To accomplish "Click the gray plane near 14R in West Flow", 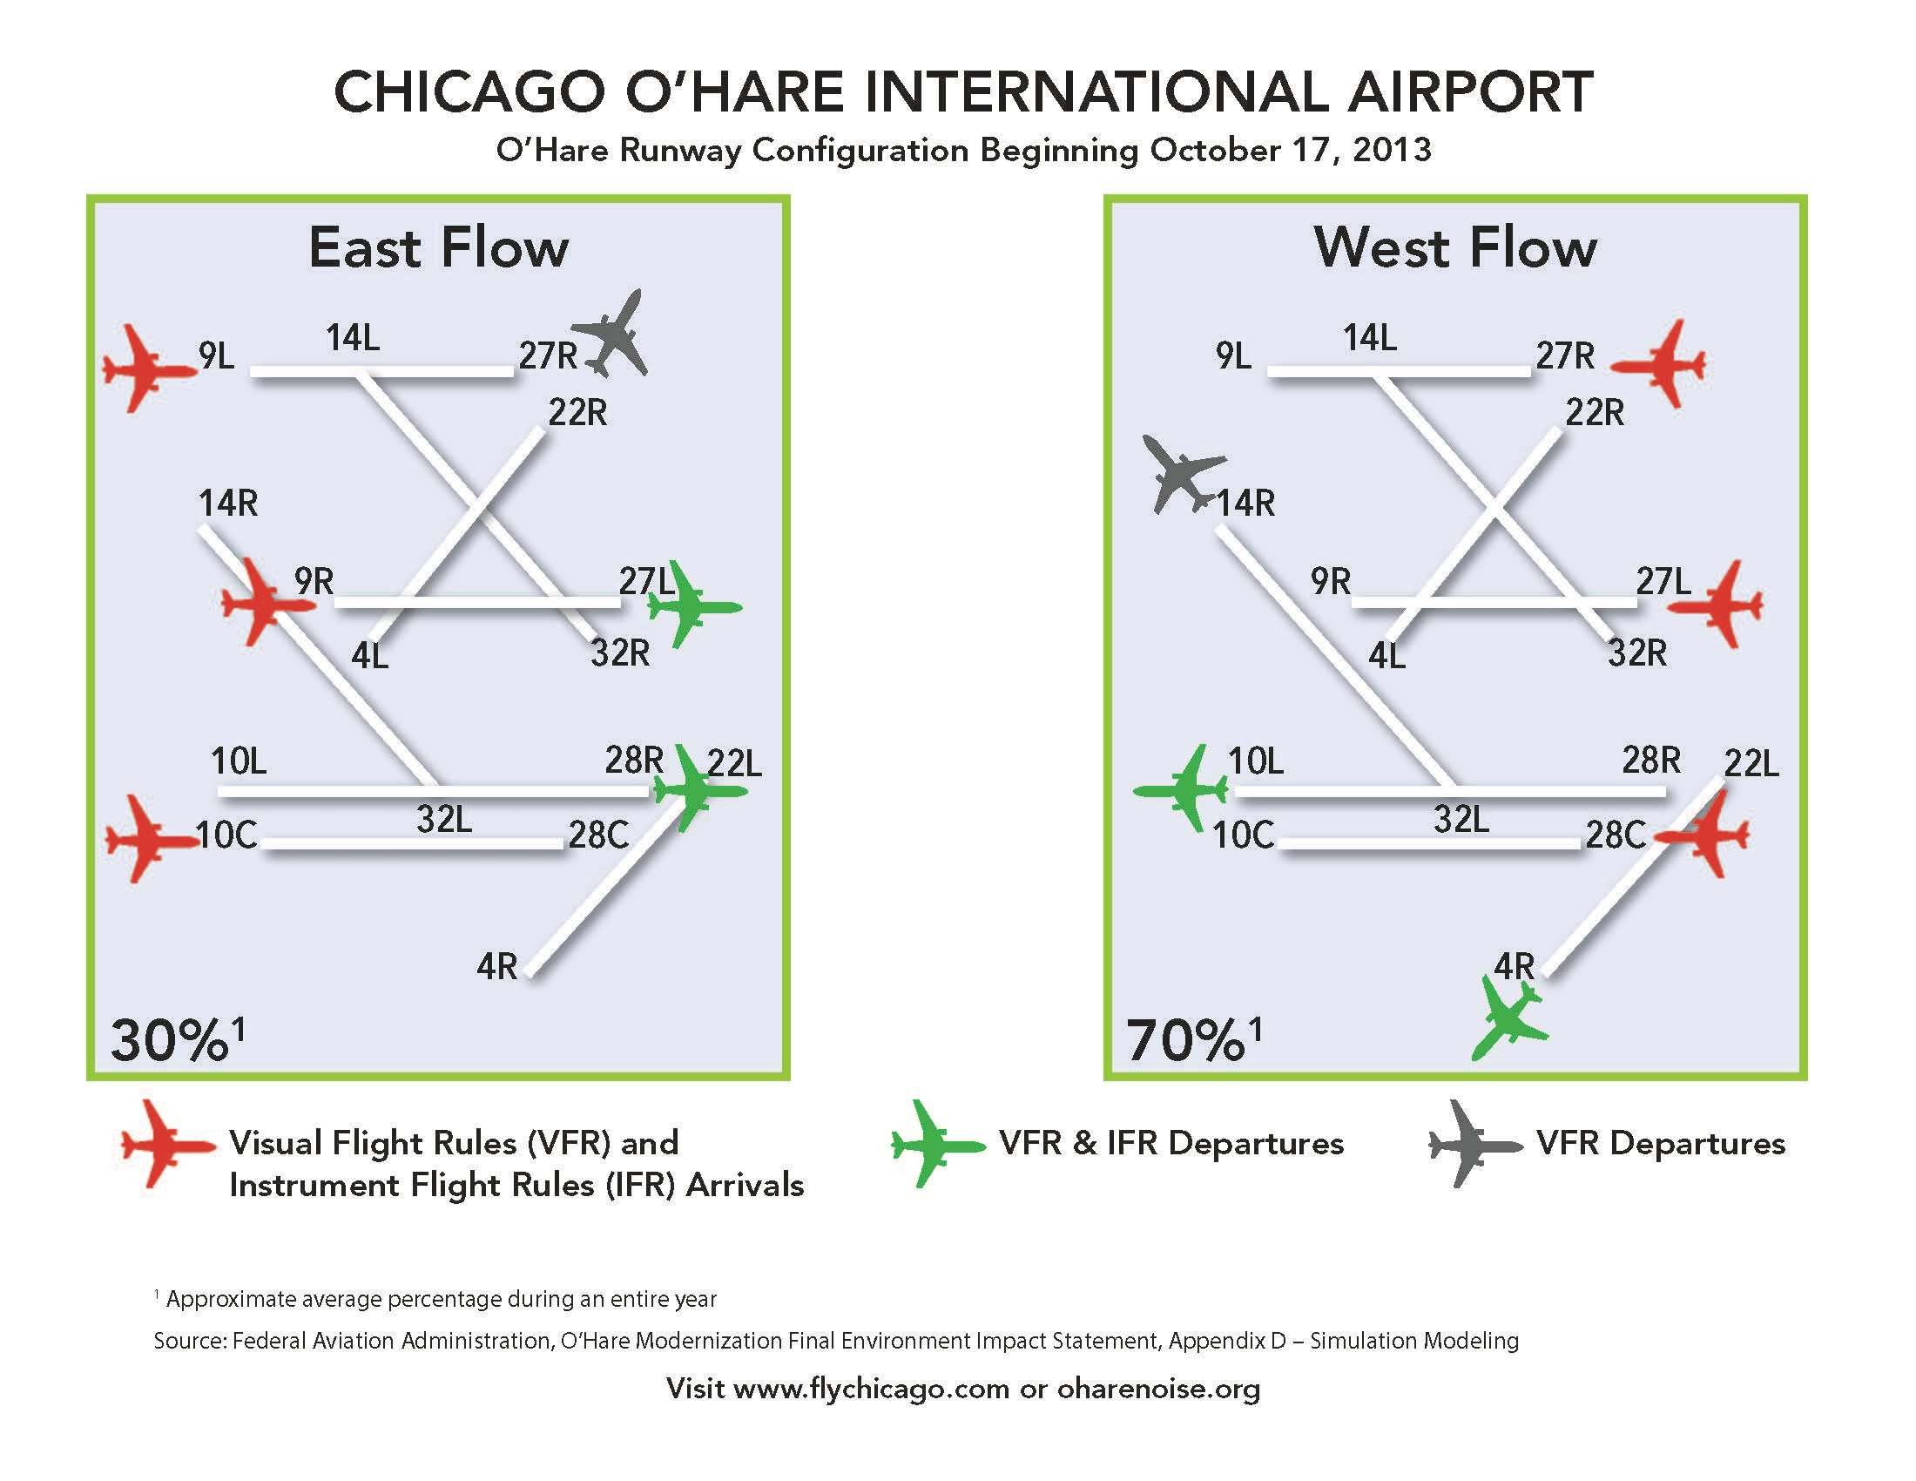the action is pyautogui.click(x=1182, y=474).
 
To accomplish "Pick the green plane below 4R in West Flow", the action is pyautogui.click(x=1508, y=1019).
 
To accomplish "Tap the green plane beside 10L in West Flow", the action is pyautogui.click(x=1181, y=789).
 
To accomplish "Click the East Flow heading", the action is pyautogui.click(x=439, y=247).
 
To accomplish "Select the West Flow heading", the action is pyautogui.click(x=1455, y=247).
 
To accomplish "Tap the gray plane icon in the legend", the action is pyautogui.click(x=1475, y=1144).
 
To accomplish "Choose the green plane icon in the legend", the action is pyautogui.click(x=939, y=1144).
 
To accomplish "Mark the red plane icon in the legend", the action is pyautogui.click(x=168, y=1144).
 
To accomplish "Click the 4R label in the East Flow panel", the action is pyautogui.click(x=496, y=967).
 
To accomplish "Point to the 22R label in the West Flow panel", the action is pyautogui.click(x=1595, y=412).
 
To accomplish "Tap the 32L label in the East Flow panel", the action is pyautogui.click(x=444, y=820).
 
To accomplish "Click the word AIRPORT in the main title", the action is pyautogui.click(x=1470, y=91).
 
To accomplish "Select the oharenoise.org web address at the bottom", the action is pyautogui.click(x=1158, y=1389).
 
